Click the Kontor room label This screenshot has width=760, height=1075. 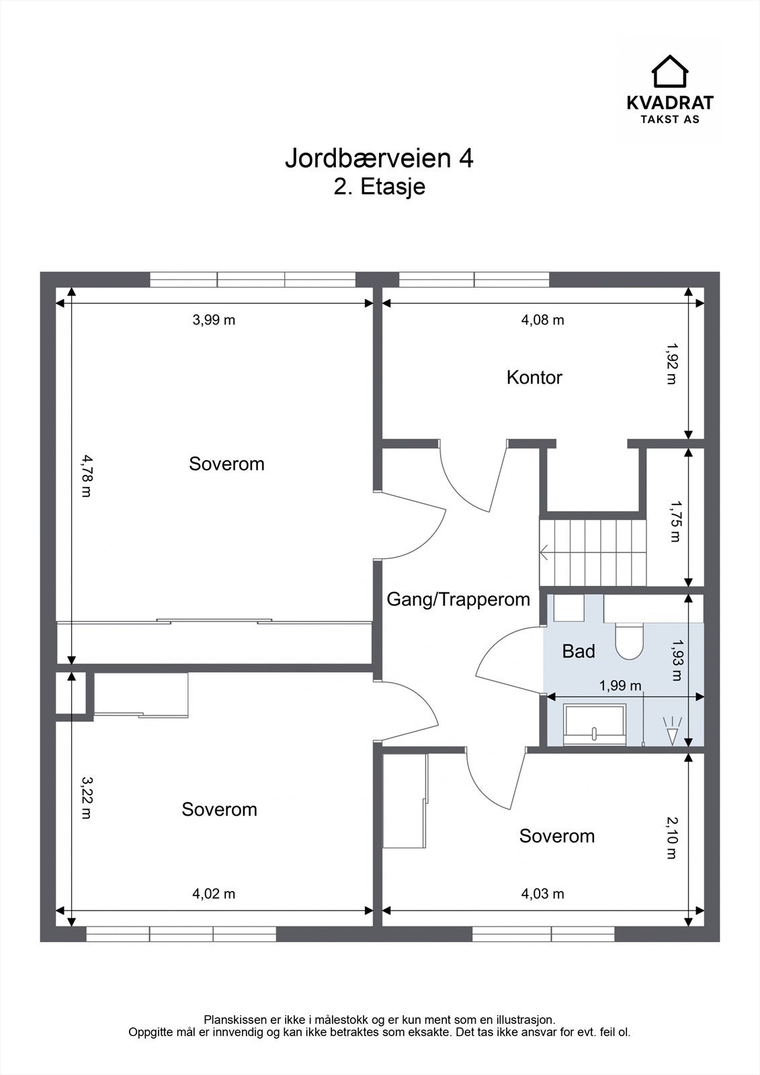pyautogui.click(x=534, y=378)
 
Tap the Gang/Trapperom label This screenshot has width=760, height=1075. pyautogui.click(x=458, y=599)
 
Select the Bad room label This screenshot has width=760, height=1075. pyautogui.click(x=579, y=651)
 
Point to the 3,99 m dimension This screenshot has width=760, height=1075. pyautogui.click(x=214, y=320)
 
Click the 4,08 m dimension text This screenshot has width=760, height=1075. pyautogui.click(x=542, y=320)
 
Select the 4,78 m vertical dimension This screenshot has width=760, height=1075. pyautogui.click(x=86, y=476)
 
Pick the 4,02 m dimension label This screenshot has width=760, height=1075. pyautogui.click(x=214, y=894)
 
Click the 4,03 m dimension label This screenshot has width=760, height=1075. pyautogui.click(x=542, y=894)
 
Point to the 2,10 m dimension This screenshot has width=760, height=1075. pyautogui.click(x=672, y=838)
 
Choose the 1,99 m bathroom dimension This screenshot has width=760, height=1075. pyautogui.click(x=620, y=686)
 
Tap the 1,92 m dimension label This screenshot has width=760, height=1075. pyautogui.click(x=672, y=363)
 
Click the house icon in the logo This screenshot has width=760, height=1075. pyautogui.click(x=670, y=71)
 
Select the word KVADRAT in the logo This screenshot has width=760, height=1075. pyautogui.click(x=670, y=103)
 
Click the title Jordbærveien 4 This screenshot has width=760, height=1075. pyautogui.click(x=379, y=159)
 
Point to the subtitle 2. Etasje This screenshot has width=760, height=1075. pyautogui.click(x=379, y=187)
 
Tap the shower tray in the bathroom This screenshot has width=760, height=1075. pyautogui.click(x=595, y=725)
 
